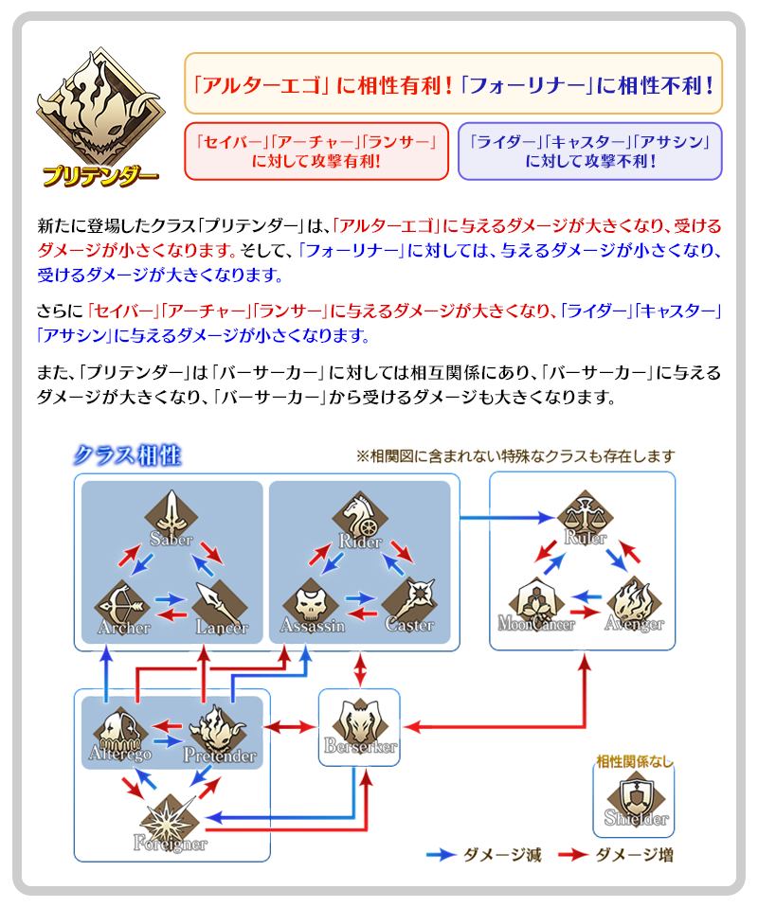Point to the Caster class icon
pyautogui.click(x=409, y=600)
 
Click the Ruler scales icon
pyautogui.click(x=584, y=515)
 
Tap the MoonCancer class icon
pyautogui.click(x=536, y=600)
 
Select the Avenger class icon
pyautogui.click(x=633, y=600)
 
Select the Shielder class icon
pyautogui.click(x=634, y=796)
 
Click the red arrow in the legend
pyautogui.click(x=571, y=855)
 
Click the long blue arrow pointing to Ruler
pyautogui.click(x=506, y=518)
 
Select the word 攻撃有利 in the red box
pyautogui.click(x=339, y=161)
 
